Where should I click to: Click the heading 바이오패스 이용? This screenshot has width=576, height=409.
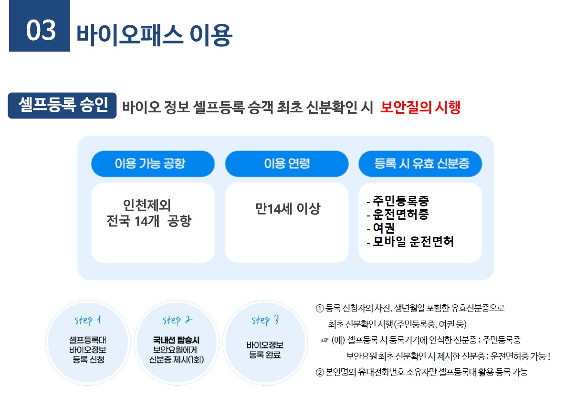(x=154, y=34)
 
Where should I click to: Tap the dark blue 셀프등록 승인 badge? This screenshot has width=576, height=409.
(x=62, y=106)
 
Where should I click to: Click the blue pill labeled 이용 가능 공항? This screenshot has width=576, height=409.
(x=153, y=164)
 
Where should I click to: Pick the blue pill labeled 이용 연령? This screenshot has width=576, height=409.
(x=287, y=164)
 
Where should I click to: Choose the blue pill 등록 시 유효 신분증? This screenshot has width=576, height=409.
(x=420, y=164)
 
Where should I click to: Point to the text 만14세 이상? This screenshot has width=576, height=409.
(x=287, y=209)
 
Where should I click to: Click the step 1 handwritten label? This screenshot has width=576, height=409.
(x=87, y=320)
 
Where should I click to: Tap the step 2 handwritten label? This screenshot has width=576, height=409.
(x=177, y=320)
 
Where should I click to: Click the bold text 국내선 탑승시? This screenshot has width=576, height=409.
(x=176, y=340)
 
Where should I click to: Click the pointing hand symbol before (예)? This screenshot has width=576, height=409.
(x=325, y=340)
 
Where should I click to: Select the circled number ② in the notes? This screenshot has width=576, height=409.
(x=320, y=372)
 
